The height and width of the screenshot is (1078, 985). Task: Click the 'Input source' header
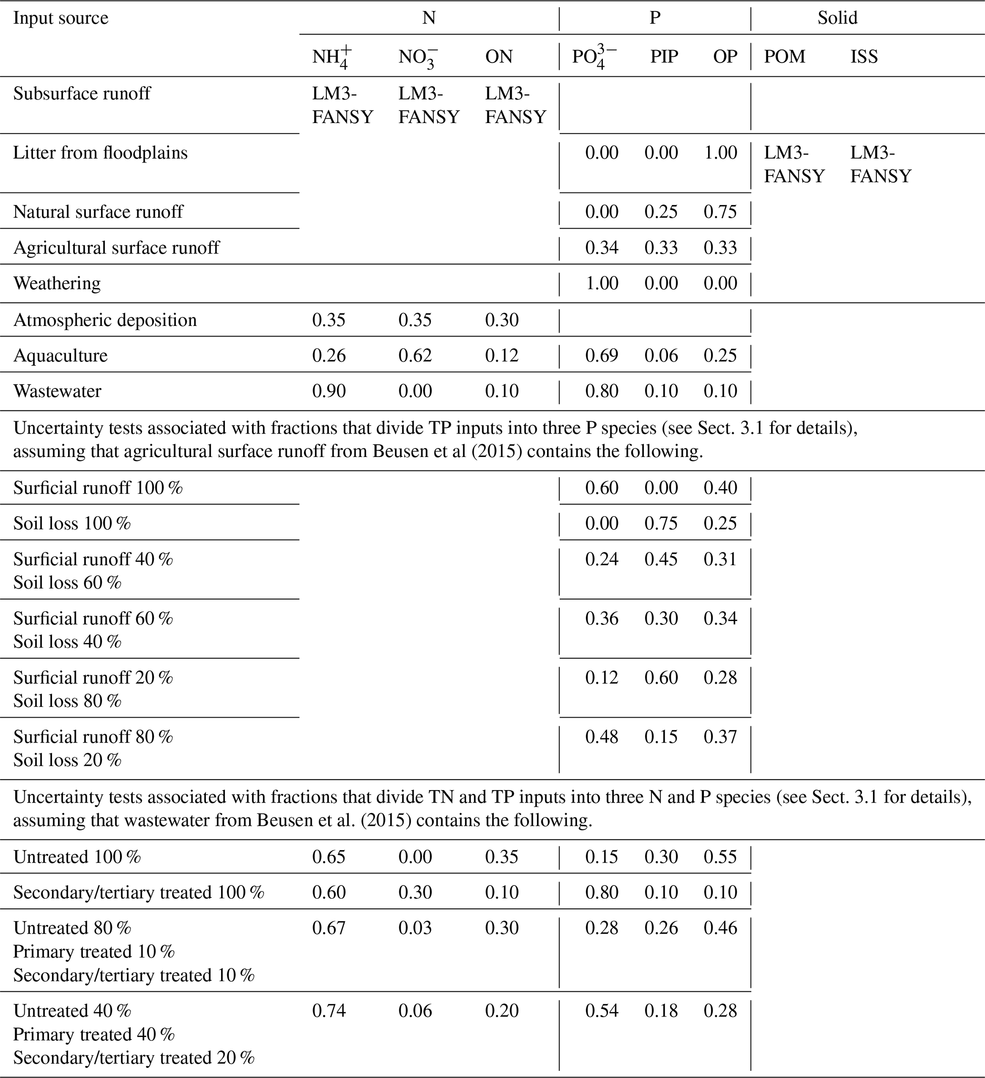click(x=61, y=18)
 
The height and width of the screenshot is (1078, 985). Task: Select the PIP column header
click(x=664, y=56)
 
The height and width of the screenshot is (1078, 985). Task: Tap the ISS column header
click(x=863, y=56)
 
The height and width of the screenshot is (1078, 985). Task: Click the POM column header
click(x=784, y=56)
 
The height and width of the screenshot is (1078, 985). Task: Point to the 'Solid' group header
click(x=837, y=18)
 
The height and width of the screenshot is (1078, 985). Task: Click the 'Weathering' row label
click(x=57, y=283)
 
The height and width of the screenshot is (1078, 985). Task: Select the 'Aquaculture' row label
click(x=61, y=355)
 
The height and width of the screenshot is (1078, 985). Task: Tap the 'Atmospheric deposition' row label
click(x=105, y=320)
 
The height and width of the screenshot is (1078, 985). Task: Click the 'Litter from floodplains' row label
click(x=101, y=153)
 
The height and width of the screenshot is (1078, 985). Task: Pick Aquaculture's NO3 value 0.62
click(x=415, y=355)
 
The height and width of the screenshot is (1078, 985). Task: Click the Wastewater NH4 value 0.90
click(x=329, y=391)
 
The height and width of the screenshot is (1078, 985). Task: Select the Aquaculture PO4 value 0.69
click(x=601, y=355)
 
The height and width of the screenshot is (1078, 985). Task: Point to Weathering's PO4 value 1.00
click(x=601, y=283)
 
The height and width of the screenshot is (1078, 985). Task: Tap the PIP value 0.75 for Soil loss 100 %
click(x=661, y=523)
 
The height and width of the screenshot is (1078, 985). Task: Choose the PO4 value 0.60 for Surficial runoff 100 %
click(x=601, y=488)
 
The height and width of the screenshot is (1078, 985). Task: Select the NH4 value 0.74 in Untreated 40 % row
click(x=329, y=1010)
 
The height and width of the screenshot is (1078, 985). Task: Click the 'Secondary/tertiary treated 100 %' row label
click(x=139, y=892)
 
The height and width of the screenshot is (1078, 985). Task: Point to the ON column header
click(x=498, y=56)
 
